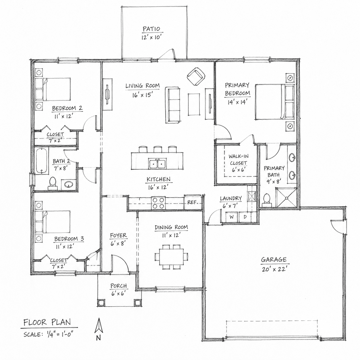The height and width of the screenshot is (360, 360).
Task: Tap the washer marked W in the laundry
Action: click(x=232, y=217)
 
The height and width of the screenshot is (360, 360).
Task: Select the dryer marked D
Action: click(x=245, y=217)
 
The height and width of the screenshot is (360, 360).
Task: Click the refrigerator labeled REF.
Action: click(x=193, y=202)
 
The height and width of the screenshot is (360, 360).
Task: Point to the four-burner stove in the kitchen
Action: click(x=158, y=203)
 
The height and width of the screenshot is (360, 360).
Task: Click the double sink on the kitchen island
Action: click(x=158, y=164)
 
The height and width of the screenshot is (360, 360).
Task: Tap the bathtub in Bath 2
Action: click(x=42, y=160)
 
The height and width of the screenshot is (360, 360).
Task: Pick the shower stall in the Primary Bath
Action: click(x=286, y=198)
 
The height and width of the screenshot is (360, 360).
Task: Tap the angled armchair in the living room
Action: click(x=196, y=76)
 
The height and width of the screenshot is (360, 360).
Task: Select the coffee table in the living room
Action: click(x=194, y=104)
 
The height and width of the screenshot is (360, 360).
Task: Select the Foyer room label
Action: click(x=118, y=236)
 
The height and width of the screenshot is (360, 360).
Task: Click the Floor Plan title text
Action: click(x=47, y=322)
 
